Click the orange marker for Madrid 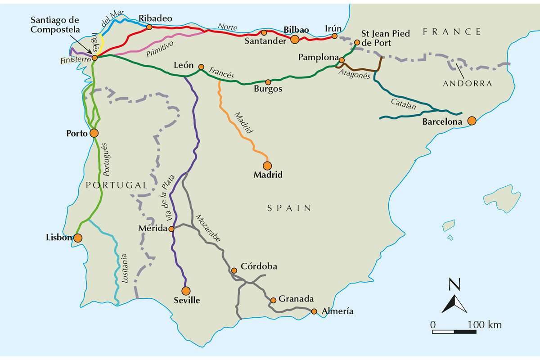click(x=268, y=165)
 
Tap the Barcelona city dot click(x=472, y=121)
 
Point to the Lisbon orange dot click(x=78, y=238)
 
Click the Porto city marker click(x=94, y=133)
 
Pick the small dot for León click(x=201, y=67)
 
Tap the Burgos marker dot click(x=268, y=82)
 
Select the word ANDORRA click(x=467, y=84)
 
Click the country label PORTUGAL click(x=116, y=185)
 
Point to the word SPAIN click(x=289, y=208)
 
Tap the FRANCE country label click(x=452, y=31)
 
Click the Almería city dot click(x=314, y=311)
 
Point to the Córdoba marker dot click(x=234, y=270)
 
